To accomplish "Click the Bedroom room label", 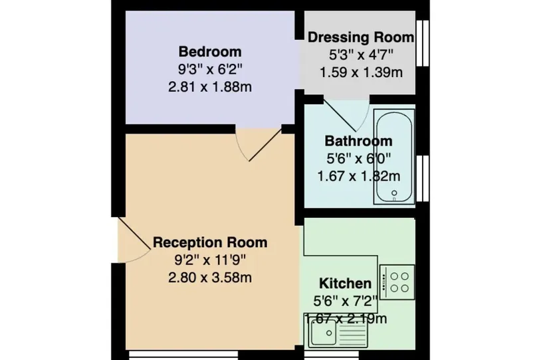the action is click(x=210, y=52).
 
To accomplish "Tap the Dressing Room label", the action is click(x=361, y=37).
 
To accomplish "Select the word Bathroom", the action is click(x=358, y=141).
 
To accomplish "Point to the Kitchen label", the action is click(x=346, y=284).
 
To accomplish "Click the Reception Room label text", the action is click(x=210, y=242).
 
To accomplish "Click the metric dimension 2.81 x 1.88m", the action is click(x=210, y=87).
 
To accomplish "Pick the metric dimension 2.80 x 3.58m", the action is click(x=210, y=277).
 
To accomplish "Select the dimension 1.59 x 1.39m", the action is click(x=361, y=72).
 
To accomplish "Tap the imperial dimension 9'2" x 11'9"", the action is click(x=210, y=260).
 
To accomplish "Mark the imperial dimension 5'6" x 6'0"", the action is click(x=358, y=159).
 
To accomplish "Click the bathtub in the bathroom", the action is click(x=394, y=156).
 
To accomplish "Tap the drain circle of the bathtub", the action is click(x=394, y=193).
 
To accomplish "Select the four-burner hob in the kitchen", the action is click(x=397, y=282).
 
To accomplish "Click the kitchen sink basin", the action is click(x=323, y=332).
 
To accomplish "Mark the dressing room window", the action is click(x=422, y=43).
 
